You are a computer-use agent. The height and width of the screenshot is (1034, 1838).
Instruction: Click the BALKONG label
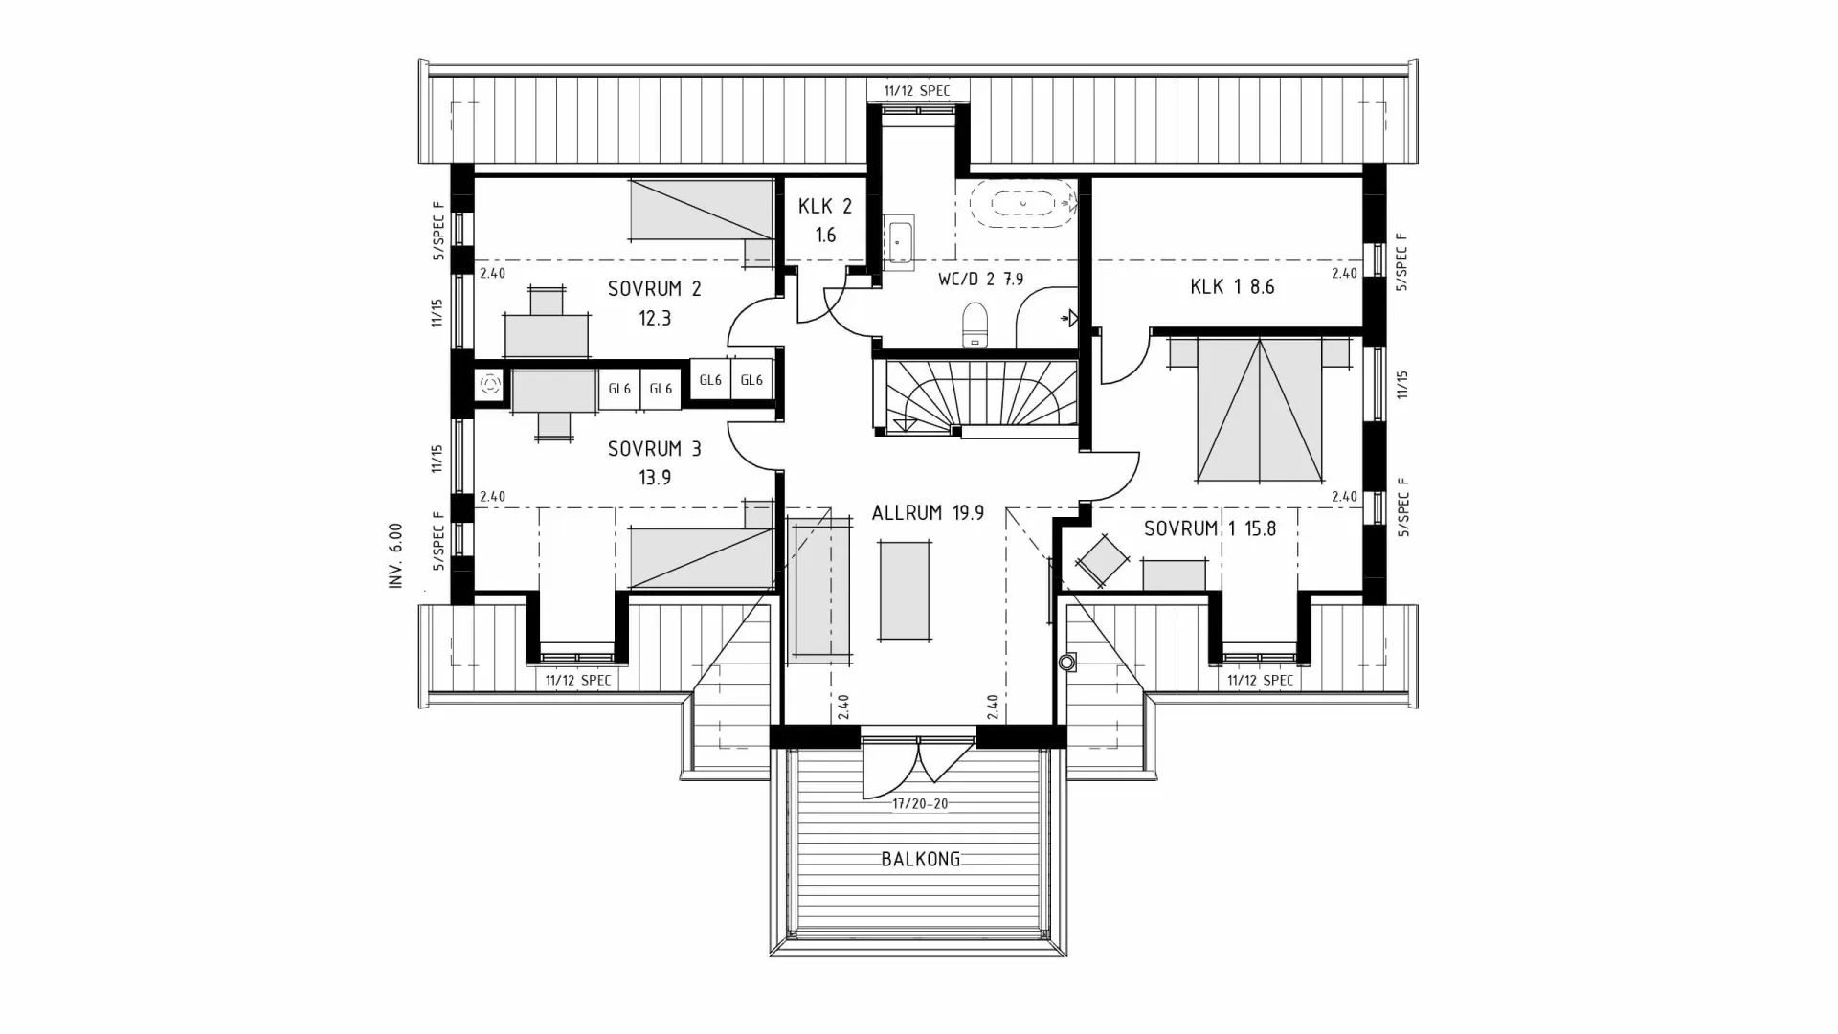pos(920,859)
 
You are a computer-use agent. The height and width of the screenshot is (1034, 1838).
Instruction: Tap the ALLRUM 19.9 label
pos(928,513)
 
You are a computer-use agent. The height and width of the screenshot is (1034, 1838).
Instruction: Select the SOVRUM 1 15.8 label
pos(1209,528)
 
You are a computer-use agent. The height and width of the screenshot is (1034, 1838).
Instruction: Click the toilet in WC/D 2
pos(975,323)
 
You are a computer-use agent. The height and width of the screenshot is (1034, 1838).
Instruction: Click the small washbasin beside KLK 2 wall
pos(899,243)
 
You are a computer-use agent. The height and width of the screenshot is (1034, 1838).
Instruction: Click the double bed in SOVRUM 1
pos(1259,410)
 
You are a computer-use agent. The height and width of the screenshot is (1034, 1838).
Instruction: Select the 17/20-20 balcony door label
pos(920,804)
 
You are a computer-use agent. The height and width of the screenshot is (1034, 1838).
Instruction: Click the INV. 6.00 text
pos(396,555)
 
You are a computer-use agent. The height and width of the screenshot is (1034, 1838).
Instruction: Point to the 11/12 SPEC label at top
pos(917,91)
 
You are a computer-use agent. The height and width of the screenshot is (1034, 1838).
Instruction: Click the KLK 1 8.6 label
pos(1232,286)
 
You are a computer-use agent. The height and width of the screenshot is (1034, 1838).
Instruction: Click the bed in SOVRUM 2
pos(702,211)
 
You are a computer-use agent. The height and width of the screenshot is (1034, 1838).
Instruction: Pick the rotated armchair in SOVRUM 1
pos(1102,558)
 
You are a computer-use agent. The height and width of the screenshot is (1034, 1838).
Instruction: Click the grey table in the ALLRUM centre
pos(905,591)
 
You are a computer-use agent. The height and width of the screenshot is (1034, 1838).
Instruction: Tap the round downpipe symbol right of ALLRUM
pos(1067,662)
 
